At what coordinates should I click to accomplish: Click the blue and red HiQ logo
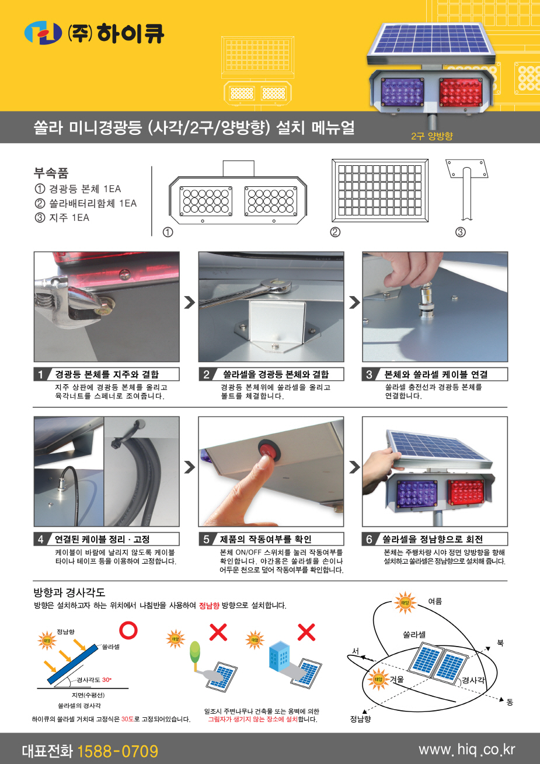[43, 33]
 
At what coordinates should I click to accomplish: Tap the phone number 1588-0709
[117, 751]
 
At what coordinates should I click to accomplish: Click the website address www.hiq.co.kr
[466, 749]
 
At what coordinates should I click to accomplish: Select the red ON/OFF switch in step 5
[269, 450]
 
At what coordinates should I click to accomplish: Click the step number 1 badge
[40, 374]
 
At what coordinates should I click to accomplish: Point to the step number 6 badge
[369, 539]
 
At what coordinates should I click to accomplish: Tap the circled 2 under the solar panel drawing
[335, 232]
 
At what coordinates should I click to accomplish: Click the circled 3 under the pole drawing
[460, 232]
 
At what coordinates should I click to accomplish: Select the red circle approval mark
[128, 630]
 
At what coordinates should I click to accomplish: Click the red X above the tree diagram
[218, 632]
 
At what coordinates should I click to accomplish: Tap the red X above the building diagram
[306, 632]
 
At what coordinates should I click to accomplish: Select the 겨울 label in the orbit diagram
[397, 679]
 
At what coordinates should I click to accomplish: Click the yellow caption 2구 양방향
[431, 136]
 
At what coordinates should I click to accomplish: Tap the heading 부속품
[51, 173]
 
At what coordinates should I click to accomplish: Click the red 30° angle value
[106, 679]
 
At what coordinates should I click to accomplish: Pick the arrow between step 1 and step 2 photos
[189, 302]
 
